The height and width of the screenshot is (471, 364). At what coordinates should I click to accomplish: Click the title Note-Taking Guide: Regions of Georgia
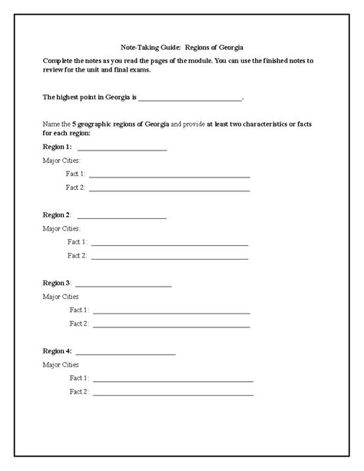pos(182,45)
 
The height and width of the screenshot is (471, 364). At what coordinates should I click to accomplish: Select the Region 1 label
pos(58,146)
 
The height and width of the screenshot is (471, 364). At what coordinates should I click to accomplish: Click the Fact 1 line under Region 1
pos(169,177)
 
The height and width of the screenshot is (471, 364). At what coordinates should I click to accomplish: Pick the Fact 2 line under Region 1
pos(169,189)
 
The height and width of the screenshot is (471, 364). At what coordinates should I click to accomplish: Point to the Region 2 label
pos(58,214)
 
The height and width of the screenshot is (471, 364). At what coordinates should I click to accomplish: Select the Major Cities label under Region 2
pos(61,228)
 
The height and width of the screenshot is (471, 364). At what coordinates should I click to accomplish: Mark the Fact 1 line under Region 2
pos(169,244)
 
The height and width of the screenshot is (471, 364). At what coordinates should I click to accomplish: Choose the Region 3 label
pos(58,283)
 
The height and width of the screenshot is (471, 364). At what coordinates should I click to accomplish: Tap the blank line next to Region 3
pos(124,286)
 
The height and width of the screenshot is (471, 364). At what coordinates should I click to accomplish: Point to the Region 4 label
pos(58,350)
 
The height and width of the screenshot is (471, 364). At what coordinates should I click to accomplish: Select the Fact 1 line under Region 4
pos(172,380)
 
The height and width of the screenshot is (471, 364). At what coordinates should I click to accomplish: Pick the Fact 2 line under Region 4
pos(172,394)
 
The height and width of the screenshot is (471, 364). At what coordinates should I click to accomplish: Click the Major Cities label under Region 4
pos(61,364)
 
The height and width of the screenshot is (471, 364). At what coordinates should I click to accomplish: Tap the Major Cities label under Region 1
pos(61,160)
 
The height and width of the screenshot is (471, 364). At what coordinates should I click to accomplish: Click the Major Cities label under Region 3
pos(61,296)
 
